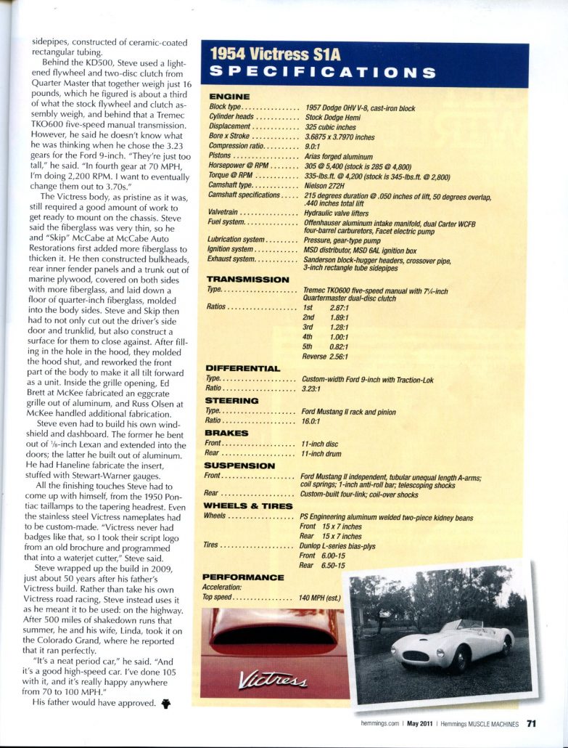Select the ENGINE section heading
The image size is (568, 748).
(x=229, y=97)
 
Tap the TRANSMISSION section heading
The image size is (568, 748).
(x=247, y=279)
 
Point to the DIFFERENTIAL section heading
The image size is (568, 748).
(x=242, y=368)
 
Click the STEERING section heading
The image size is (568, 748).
(x=232, y=400)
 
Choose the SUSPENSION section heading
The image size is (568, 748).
(x=239, y=466)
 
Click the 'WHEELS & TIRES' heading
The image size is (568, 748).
(x=249, y=505)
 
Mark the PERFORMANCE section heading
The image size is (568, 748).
(x=242, y=577)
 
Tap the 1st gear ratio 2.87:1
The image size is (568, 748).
(x=342, y=307)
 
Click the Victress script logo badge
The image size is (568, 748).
(x=273, y=680)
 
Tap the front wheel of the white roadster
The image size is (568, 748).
(x=458, y=659)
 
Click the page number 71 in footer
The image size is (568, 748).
(x=532, y=723)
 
